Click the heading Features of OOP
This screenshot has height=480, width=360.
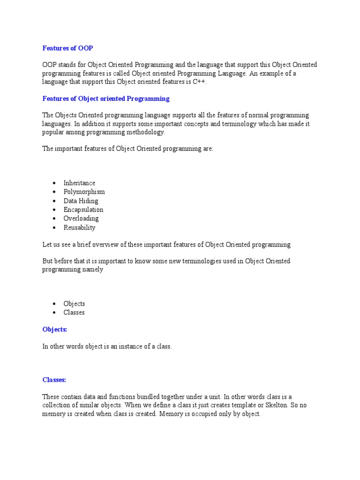click(71, 48)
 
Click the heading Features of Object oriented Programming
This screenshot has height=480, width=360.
click(106, 99)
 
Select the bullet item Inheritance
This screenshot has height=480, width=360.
click(79, 183)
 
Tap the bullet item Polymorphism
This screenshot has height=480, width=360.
click(84, 192)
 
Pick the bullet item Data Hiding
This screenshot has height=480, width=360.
click(81, 201)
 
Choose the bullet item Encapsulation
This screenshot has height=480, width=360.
click(83, 210)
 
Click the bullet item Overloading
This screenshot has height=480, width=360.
click(81, 218)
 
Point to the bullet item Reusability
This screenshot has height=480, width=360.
click(80, 227)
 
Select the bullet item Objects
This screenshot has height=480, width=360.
click(75, 304)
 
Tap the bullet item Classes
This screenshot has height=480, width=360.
click(74, 313)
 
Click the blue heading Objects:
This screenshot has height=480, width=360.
click(55, 330)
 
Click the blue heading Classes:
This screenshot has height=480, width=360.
click(54, 380)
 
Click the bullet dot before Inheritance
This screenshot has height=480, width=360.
click(55, 183)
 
